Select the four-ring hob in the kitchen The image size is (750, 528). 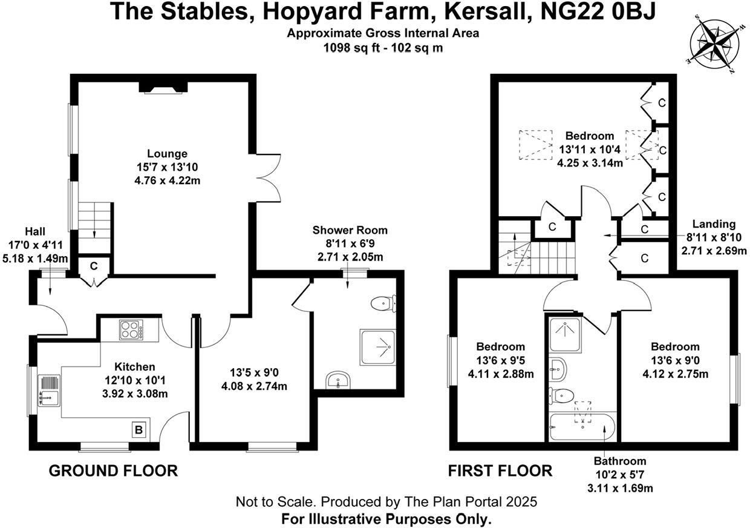129,330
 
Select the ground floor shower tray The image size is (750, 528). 379,348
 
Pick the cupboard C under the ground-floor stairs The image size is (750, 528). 94,266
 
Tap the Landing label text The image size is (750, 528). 714,224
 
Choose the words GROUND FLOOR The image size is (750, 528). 113,471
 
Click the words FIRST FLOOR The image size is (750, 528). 500,471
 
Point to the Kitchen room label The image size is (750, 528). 135,367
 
